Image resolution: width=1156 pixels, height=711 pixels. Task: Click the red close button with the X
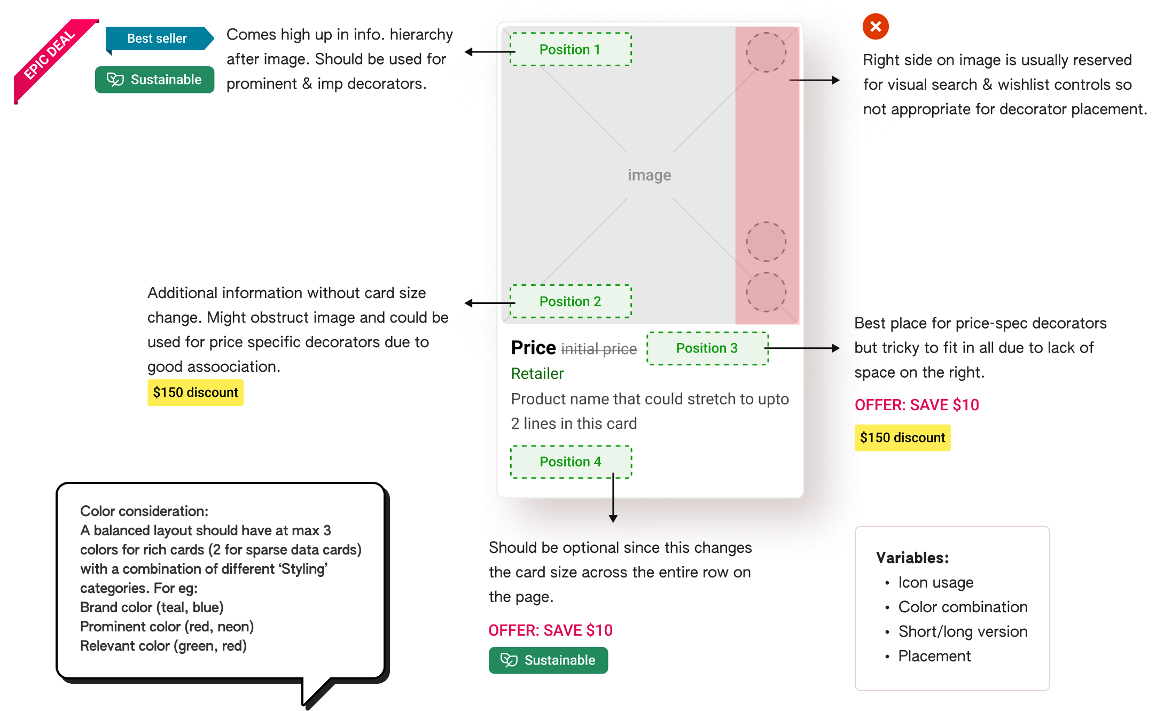point(876,26)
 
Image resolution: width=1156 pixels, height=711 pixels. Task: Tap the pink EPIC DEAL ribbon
point(51,59)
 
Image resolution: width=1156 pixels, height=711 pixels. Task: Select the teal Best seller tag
point(158,38)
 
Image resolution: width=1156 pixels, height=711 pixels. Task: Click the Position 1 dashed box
point(570,49)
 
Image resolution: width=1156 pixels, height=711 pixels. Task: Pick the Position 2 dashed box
point(570,301)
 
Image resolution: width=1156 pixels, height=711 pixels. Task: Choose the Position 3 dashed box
point(707,348)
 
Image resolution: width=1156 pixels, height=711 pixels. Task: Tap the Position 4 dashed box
point(570,462)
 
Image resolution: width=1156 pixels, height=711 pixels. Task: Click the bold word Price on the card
point(533,348)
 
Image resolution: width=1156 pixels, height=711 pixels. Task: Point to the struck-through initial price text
point(599,349)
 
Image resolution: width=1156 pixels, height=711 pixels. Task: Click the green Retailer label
point(537,373)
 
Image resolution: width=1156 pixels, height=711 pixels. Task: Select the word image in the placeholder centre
point(649,175)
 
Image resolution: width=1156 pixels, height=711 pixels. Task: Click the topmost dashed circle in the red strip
point(766,52)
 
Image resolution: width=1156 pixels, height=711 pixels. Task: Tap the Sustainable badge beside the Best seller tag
point(155,80)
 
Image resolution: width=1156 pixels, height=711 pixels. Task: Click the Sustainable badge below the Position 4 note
point(548,660)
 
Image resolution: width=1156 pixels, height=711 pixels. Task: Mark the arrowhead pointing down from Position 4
point(613,518)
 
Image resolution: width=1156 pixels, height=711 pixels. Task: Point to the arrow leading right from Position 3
point(801,348)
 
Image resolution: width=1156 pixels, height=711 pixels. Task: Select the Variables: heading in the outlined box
point(912,558)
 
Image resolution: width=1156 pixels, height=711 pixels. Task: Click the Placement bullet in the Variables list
point(934,656)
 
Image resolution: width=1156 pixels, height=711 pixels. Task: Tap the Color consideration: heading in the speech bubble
point(144,511)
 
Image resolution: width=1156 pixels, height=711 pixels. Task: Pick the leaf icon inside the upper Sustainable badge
point(115,80)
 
